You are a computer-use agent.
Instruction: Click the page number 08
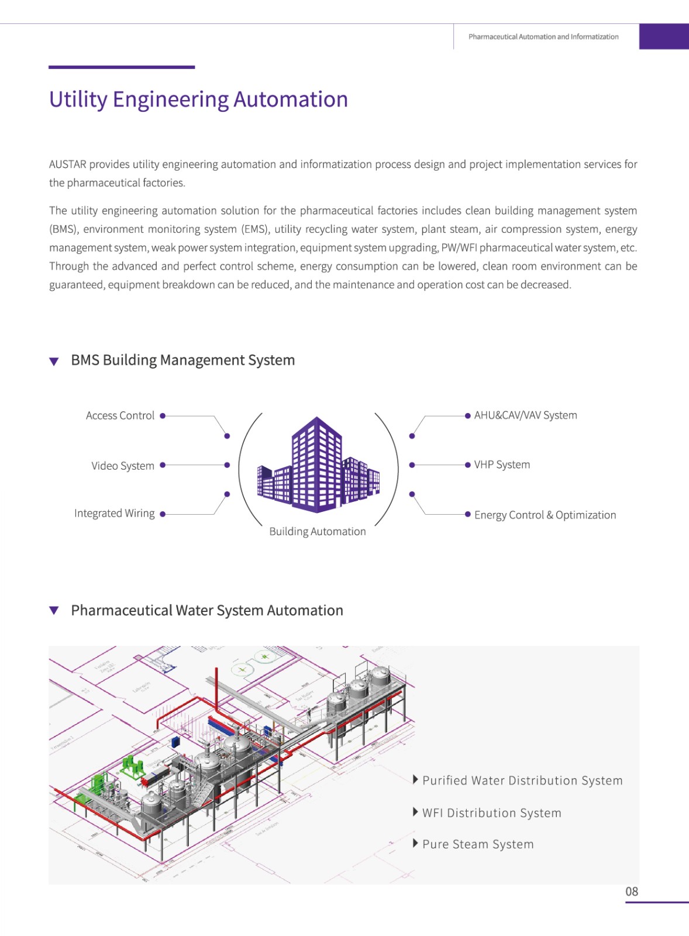pyautogui.click(x=632, y=892)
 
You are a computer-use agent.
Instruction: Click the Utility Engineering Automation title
pyautogui.click(x=198, y=99)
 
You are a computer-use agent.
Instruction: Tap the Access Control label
pyautogui.click(x=120, y=415)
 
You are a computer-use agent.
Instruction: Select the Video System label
pyautogui.click(x=123, y=466)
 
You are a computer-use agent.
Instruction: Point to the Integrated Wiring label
pyautogui.click(x=115, y=514)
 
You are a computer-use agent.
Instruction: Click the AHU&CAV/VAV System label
pyautogui.click(x=525, y=415)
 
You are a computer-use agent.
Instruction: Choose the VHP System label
pyautogui.click(x=502, y=464)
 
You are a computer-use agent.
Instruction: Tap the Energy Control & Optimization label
pyautogui.click(x=545, y=515)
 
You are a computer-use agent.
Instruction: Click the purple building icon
pyautogui.click(x=318, y=466)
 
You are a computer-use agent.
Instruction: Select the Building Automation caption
pyautogui.click(x=318, y=531)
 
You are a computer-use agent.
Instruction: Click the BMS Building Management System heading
pyautogui.click(x=182, y=360)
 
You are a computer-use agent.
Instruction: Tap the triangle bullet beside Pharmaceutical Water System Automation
pyautogui.click(x=54, y=611)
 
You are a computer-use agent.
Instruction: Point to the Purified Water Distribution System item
pyautogui.click(x=522, y=780)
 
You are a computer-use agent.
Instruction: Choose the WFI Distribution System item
pyautogui.click(x=491, y=813)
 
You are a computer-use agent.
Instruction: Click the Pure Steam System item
pyautogui.click(x=478, y=844)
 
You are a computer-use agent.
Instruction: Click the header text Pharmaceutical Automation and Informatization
pyautogui.click(x=543, y=36)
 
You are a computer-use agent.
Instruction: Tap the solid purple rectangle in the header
pyautogui.click(x=664, y=36)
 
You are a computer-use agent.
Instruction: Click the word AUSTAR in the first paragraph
pyautogui.click(x=68, y=164)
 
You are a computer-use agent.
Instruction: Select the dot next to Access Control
pyautogui.click(x=163, y=416)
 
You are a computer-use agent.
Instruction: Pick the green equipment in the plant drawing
pyautogui.click(x=133, y=766)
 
